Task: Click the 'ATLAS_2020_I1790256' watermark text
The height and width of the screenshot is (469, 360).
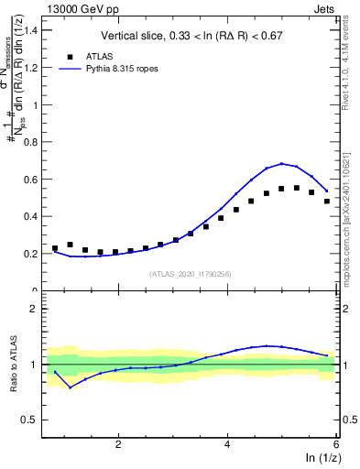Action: (191, 274)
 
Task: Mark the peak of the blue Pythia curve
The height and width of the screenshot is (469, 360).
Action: (282, 164)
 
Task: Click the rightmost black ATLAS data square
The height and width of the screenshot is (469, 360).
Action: (327, 202)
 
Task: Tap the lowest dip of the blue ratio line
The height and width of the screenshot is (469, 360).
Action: (70, 387)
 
